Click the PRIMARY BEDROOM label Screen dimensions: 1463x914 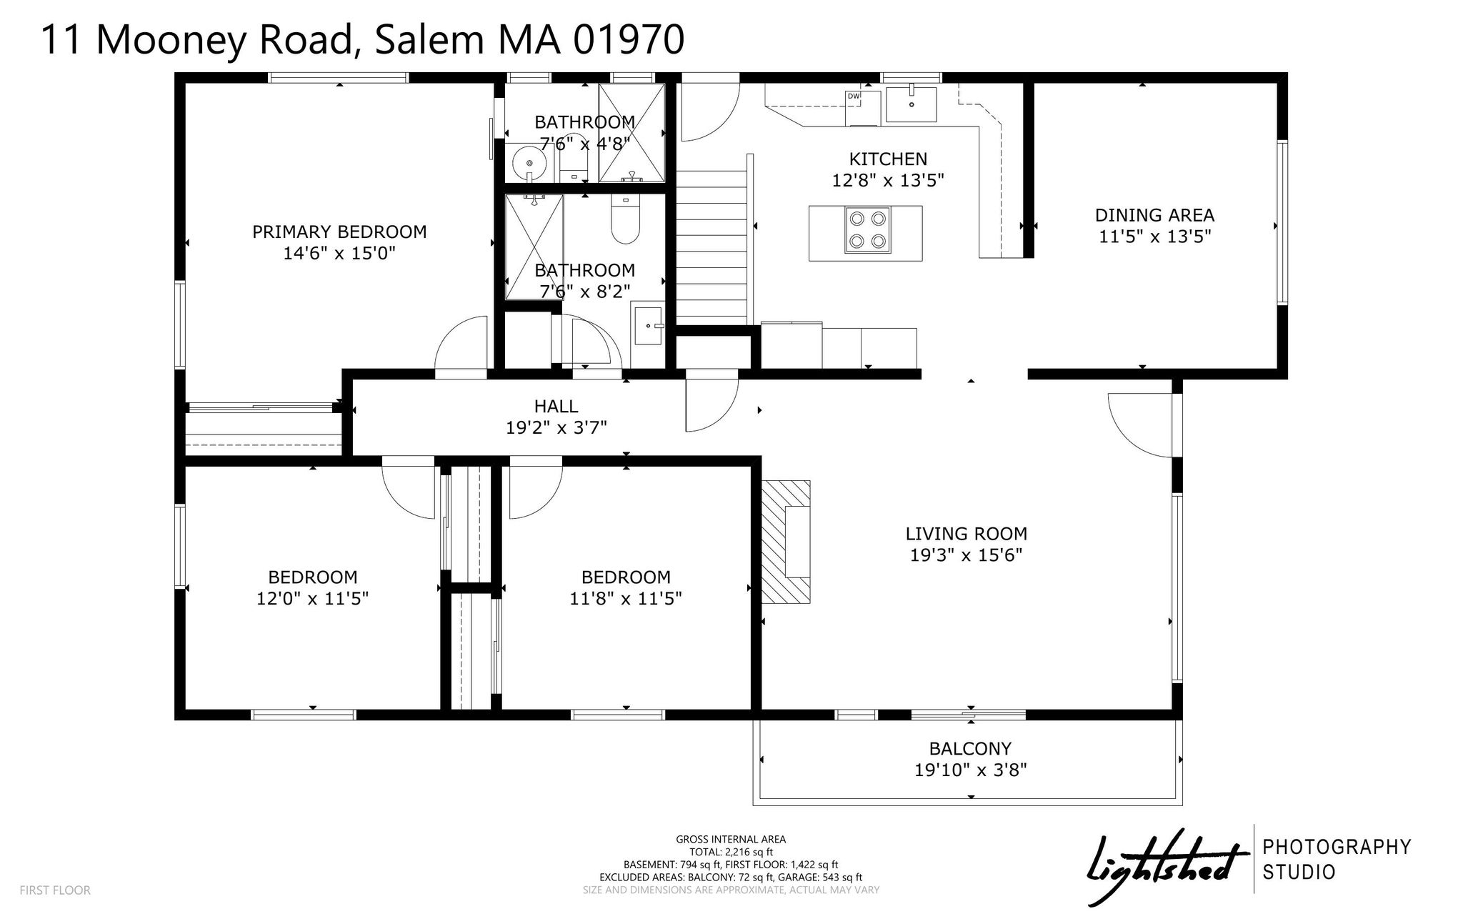(339, 232)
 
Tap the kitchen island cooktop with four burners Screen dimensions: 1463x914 (867, 229)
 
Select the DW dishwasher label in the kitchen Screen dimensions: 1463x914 (854, 96)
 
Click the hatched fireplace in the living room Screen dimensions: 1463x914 (786, 542)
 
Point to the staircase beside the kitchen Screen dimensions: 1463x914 (712, 247)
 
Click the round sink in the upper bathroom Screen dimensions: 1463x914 (529, 163)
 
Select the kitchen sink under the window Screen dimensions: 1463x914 (912, 104)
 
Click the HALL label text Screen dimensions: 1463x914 (556, 407)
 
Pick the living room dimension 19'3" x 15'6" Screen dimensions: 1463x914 (966, 555)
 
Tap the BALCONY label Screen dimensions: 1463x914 (970, 748)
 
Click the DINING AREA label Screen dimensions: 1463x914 (1154, 215)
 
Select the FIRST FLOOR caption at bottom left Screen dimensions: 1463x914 (55, 890)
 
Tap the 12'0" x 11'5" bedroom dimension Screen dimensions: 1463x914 (312, 598)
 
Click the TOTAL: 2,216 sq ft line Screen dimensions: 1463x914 (731, 852)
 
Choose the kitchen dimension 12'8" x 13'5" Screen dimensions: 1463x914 (888, 180)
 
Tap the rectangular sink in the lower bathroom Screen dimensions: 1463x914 (649, 326)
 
